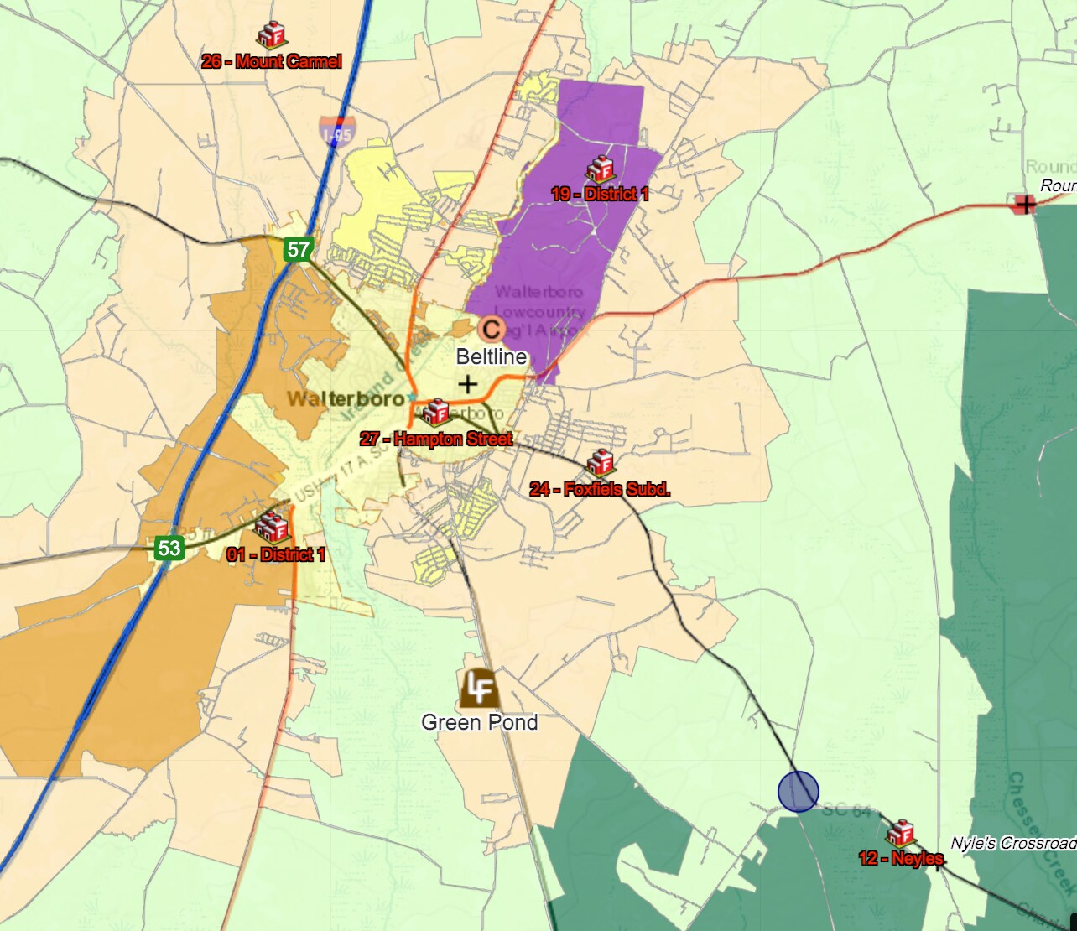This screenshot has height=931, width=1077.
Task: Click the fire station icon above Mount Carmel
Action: pyautogui.click(x=271, y=35)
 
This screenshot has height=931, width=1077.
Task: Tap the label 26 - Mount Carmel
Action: pyautogui.click(x=272, y=61)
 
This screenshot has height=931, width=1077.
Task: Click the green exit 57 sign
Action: pyautogui.click(x=299, y=249)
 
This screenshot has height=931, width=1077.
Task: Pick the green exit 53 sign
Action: pyautogui.click(x=169, y=549)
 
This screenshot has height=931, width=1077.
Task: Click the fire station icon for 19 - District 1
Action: pyautogui.click(x=599, y=169)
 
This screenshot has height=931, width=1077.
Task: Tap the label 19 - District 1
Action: pyautogui.click(x=600, y=194)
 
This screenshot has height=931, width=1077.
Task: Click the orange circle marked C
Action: pyautogui.click(x=492, y=329)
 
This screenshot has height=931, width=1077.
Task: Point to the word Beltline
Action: pyautogui.click(x=492, y=356)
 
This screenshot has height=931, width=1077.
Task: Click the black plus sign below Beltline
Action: pyautogui.click(x=468, y=384)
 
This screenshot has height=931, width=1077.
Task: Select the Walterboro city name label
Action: pyautogui.click(x=346, y=398)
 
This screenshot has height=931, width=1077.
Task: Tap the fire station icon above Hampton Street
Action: pyautogui.click(x=435, y=413)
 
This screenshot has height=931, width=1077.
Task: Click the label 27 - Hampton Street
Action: pyautogui.click(x=436, y=439)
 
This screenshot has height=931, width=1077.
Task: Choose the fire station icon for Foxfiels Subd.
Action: pyautogui.click(x=601, y=462)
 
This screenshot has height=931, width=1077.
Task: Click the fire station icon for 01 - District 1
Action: pyautogui.click(x=271, y=528)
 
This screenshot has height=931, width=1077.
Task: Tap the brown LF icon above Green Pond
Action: pyautogui.click(x=479, y=689)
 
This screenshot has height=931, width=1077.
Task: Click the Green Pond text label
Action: pyautogui.click(x=479, y=722)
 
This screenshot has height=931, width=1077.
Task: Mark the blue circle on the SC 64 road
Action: pyautogui.click(x=798, y=791)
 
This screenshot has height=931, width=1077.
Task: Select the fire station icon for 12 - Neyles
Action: pyautogui.click(x=900, y=833)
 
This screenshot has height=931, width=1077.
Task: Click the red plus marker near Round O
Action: pyautogui.click(x=1024, y=204)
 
